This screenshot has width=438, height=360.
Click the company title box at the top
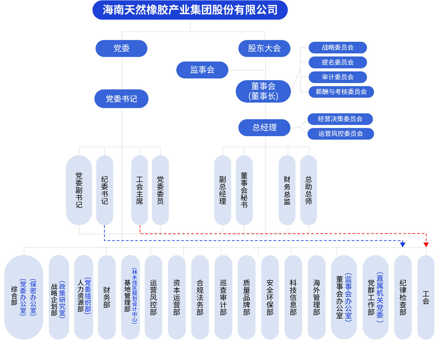point(190,10)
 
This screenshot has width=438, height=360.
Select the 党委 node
point(121,48)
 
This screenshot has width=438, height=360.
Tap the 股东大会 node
point(264,48)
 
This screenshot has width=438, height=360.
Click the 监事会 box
point(202,70)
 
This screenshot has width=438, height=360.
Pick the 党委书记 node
point(121,99)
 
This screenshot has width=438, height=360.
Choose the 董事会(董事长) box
point(263,91)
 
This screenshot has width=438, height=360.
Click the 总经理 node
point(264,128)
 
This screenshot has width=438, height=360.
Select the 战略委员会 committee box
point(337,48)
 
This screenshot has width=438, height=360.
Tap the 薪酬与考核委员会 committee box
point(341,92)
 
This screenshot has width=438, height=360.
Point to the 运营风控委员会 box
point(340,134)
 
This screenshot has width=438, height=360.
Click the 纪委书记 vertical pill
point(105,190)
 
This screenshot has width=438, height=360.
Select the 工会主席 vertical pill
point(140,190)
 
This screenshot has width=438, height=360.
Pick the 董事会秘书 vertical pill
point(244,190)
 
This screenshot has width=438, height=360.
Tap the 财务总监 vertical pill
point(287,190)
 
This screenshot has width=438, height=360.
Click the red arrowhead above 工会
point(426,245)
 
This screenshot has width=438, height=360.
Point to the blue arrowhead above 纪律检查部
point(403,245)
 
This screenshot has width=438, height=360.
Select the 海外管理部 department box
point(317,297)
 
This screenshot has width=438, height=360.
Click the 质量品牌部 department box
point(246,297)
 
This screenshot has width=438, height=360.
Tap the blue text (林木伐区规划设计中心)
point(135,296)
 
